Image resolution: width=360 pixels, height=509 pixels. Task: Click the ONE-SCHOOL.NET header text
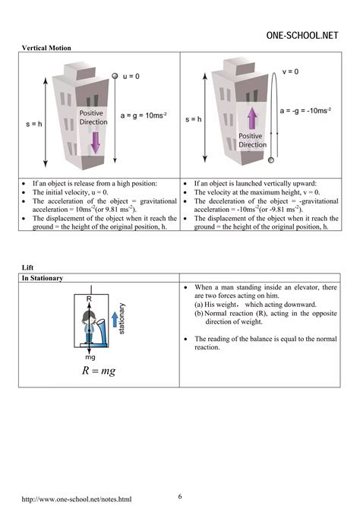tap(304, 35)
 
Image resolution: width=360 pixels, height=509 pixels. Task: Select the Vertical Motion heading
tap(45, 48)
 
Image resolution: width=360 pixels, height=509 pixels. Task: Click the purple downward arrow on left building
tap(95, 141)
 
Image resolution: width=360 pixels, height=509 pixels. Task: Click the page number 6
tap(180, 496)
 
